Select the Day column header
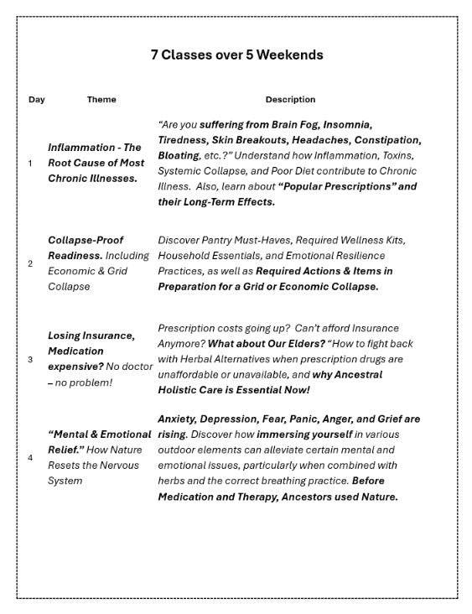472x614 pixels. pyautogui.click(x=37, y=100)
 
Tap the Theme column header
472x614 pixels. pyautogui.click(x=101, y=100)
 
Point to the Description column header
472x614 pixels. pyautogui.click(x=290, y=100)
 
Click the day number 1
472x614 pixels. pyautogui.click(x=31, y=163)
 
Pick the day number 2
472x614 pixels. pyautogui.click(x=31, y=263)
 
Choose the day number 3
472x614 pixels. pyautogui.click(x=31, y=360)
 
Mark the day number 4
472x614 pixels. pyautogui.click(x=31, y=458)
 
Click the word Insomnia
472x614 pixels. pyautogui.click(x=347, y=124)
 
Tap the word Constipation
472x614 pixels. pyautogui.click(x=386, y=140)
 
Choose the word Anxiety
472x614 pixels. pyautogui.click(x=179, y=419)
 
